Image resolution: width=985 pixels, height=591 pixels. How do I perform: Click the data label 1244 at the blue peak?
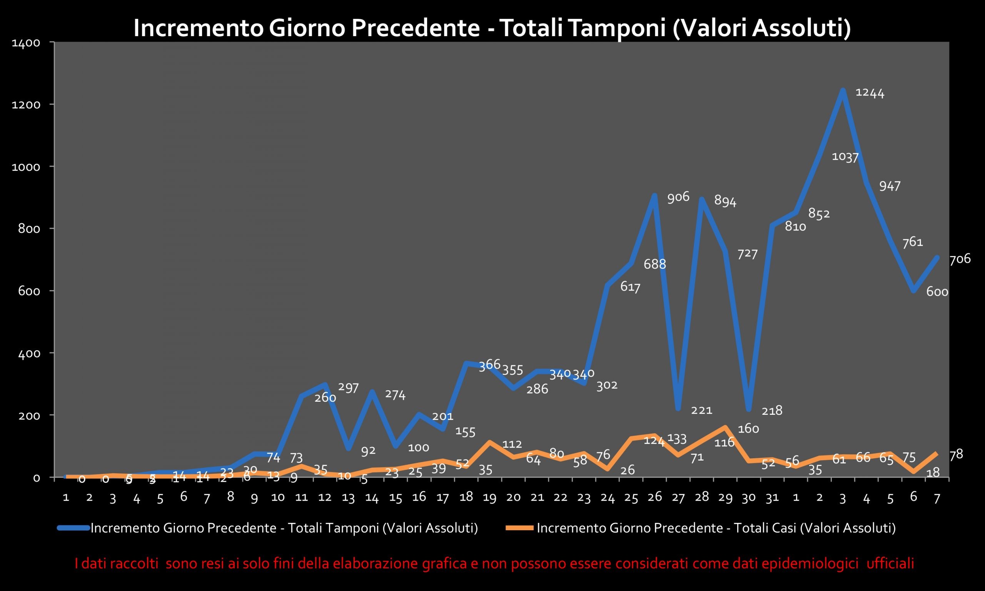point(870,93)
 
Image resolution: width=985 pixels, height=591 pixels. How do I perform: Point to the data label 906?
point(678,197)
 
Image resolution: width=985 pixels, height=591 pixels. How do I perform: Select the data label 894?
point(725,201)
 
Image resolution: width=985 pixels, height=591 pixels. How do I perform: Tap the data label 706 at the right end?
point(960,259)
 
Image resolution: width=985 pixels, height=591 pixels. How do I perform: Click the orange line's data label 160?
point(748,429)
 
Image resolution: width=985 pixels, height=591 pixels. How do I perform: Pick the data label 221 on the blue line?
point(701,410)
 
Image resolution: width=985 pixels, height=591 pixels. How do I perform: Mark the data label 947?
point(890,186)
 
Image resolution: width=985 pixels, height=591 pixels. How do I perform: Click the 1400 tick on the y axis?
point(26,43)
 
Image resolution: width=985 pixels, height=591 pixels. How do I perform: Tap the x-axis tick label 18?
point(466,497)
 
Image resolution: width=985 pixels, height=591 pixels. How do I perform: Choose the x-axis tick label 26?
point(654,497)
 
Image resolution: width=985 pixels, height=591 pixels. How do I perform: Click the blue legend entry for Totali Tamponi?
point(284,528)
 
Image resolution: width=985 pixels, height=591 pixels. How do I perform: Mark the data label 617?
point(630,287)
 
